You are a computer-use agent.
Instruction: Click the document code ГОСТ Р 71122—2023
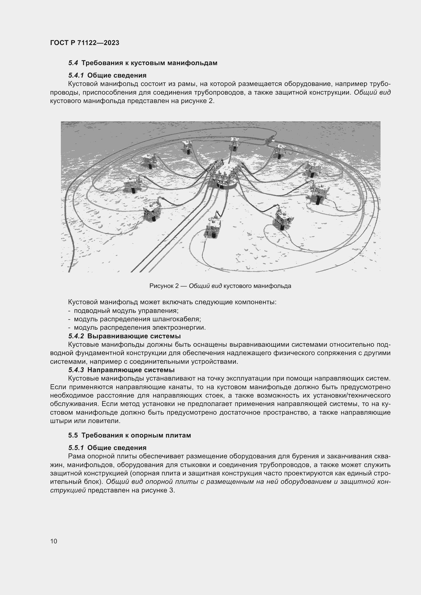click(85, 43)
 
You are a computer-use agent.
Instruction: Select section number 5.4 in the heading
click(73, 63)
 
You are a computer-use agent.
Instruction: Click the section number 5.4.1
click(76, 75)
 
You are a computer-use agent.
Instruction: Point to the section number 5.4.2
click(76, 336)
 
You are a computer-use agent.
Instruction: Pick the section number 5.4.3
click(76, 370)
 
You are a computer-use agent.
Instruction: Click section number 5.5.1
click(76, 447)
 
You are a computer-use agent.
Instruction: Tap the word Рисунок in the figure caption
click(160, 286)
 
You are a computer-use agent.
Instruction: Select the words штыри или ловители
click(85, 421)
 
